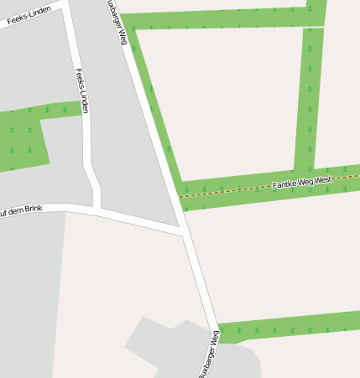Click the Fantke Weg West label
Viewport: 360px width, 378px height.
click(301, 182)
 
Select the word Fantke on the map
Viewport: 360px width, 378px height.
click(284, 184)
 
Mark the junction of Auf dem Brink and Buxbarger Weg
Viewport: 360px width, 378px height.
click(183, 232)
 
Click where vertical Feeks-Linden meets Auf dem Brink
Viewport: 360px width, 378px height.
click(97, 208)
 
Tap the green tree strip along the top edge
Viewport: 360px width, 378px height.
click(218, 18)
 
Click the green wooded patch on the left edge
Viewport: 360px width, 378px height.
click(21, 138)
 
